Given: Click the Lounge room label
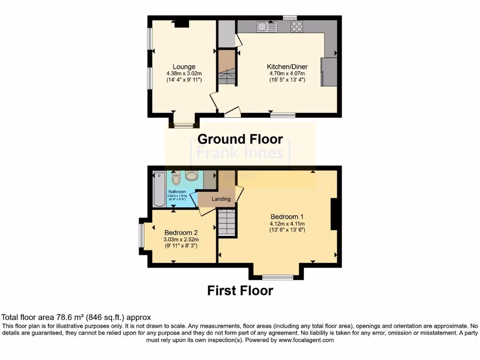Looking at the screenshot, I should click(x=183, y=67).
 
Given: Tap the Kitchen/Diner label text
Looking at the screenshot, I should click(x=286, y=67).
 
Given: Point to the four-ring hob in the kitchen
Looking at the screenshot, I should click(x=296, y=27).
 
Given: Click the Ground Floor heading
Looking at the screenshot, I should click(x=240, y=139).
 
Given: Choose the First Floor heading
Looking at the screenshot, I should click(x=240, y=291).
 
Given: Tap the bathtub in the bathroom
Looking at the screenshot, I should click(x=159, y=189).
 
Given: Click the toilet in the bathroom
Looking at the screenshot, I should click(x=176, y=179).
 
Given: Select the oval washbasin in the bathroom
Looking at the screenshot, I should click(x=192, y=176).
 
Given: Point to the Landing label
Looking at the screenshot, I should click(x=221, y=199).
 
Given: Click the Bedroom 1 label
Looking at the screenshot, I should click(x=287, y=217).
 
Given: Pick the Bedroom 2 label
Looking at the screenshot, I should click(x=181, y=232).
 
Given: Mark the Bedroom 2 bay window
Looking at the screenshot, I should click(x=141, y=235).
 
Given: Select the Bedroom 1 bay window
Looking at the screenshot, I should click(x=277, y=276).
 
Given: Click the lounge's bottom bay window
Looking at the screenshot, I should click(x=184, y=125).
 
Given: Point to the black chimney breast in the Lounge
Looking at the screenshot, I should click(x=181, y=23).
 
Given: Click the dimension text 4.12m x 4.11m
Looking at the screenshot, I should click(x=287, y=224).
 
